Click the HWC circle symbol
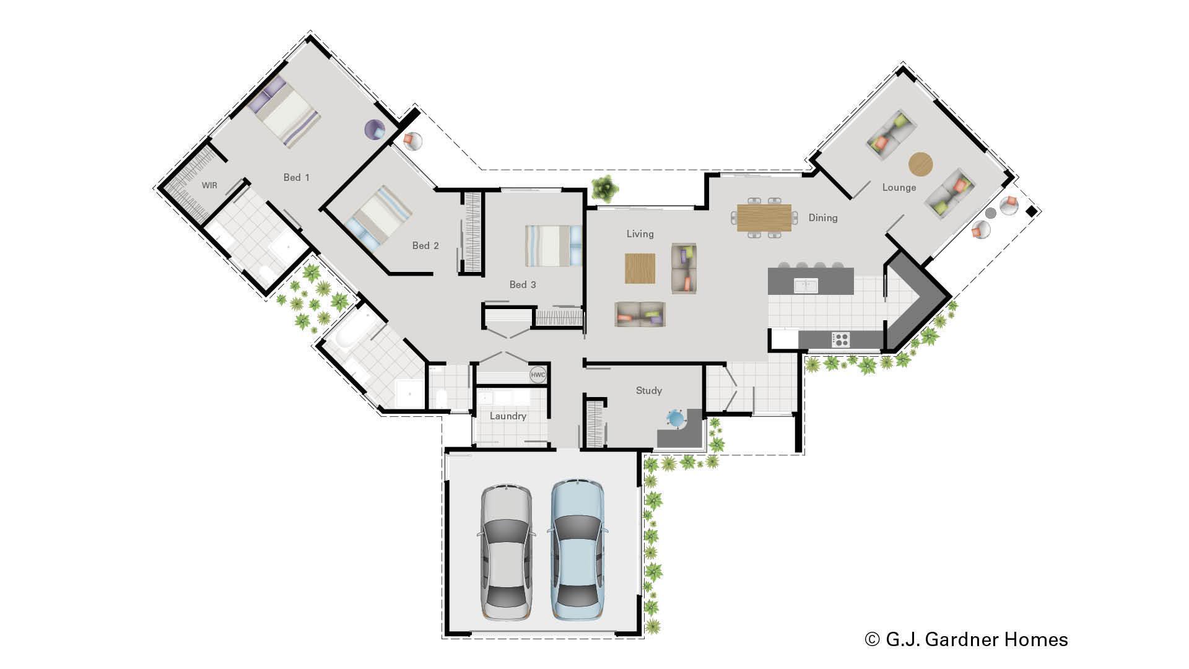[538, 375]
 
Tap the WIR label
[209, 185]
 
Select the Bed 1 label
[296, 178]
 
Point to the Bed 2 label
[425, 246]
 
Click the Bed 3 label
[523, 285]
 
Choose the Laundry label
[508, 416]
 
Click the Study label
[648, 391]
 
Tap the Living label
[640, 234]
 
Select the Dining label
[822, 218]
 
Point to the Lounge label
[899, 188]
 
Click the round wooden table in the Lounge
[920, 164]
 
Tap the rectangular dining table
[764, 218]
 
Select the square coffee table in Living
[640, 268]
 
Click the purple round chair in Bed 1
[374, 130]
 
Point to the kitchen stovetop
[840, 339]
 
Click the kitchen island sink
[806, 286]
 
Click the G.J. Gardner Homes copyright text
[966, 639]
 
